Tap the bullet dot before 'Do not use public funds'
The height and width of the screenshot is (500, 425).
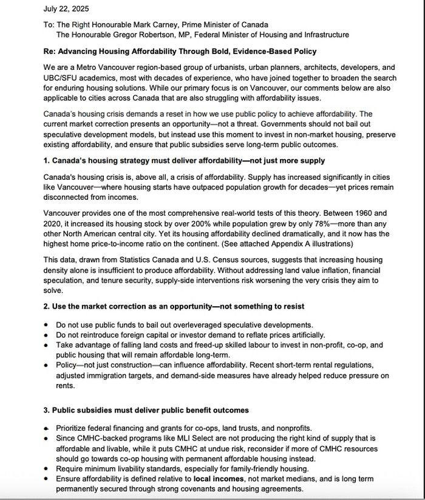pos(46,325)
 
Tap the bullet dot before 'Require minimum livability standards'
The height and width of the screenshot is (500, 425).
pos(46,468)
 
